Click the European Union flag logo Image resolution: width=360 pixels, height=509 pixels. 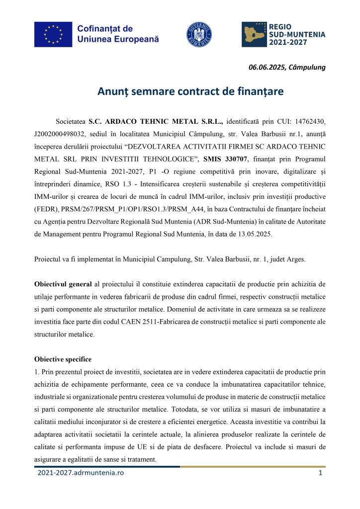click(53, 34)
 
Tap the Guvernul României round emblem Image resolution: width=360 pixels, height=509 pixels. click(199, 34)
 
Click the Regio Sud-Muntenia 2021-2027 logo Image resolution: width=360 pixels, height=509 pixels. click(283, 34)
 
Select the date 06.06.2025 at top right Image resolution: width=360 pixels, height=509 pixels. click(267, 68)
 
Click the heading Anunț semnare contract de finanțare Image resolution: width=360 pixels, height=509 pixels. click(180, 91)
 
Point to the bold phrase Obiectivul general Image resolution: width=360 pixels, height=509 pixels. click(63, 284)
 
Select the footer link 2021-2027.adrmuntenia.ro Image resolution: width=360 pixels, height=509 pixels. click(81, 473)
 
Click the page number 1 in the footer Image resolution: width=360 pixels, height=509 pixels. click(320, 473)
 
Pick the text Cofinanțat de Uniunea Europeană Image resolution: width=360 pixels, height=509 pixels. click(118, 34)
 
